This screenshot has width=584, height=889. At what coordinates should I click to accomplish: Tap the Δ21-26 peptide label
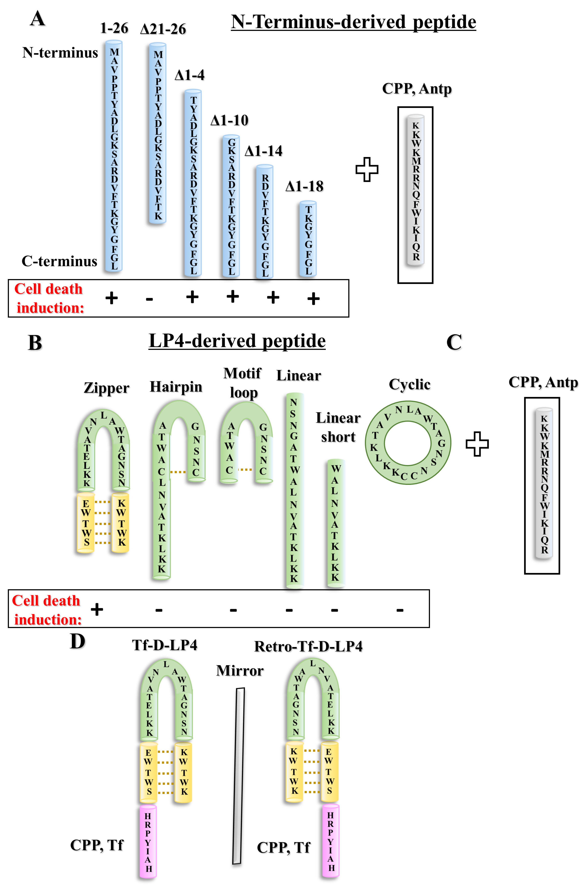tap(163, 29)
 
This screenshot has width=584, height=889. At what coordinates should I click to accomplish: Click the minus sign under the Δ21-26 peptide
tap(149, 299)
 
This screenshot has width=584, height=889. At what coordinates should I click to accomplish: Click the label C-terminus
tap(59, 261)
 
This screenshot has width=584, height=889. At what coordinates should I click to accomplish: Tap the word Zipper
tap(106, 388)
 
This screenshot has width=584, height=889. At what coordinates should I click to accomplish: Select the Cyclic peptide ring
tap(408, 443)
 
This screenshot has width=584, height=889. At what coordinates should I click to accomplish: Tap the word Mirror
tap(240, 670)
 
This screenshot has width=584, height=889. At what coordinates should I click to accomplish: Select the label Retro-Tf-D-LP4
tap(308, 646)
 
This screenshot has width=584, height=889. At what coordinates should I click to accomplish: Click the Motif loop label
tap(242, 383)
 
